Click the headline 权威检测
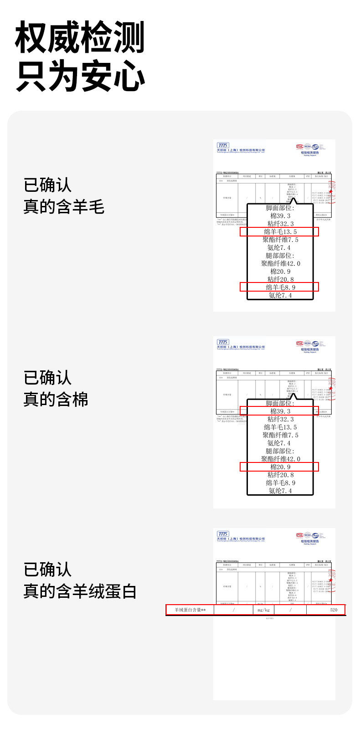(80, 38)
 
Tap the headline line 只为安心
(80, 76)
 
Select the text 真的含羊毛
(64, 207)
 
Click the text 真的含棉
(56, 400)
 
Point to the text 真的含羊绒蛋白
(80, 591)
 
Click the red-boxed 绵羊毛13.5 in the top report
(280, 232)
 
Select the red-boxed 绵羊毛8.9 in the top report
(280, 287)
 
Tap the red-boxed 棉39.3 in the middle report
(280, 411)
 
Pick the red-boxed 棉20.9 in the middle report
(280, 467)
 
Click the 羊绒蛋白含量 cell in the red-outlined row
(190, 610)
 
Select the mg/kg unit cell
(263, 610)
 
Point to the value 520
(334, 610)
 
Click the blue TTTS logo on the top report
(223, 145)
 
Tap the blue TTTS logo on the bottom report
(223, 534)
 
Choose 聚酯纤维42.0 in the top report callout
(280, 264)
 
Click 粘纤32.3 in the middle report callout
(280, 419)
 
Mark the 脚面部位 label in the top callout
(280, 208)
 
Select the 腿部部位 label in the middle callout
(280, 451)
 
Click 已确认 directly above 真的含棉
(47, 378)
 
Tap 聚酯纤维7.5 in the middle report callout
(280, 435)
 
